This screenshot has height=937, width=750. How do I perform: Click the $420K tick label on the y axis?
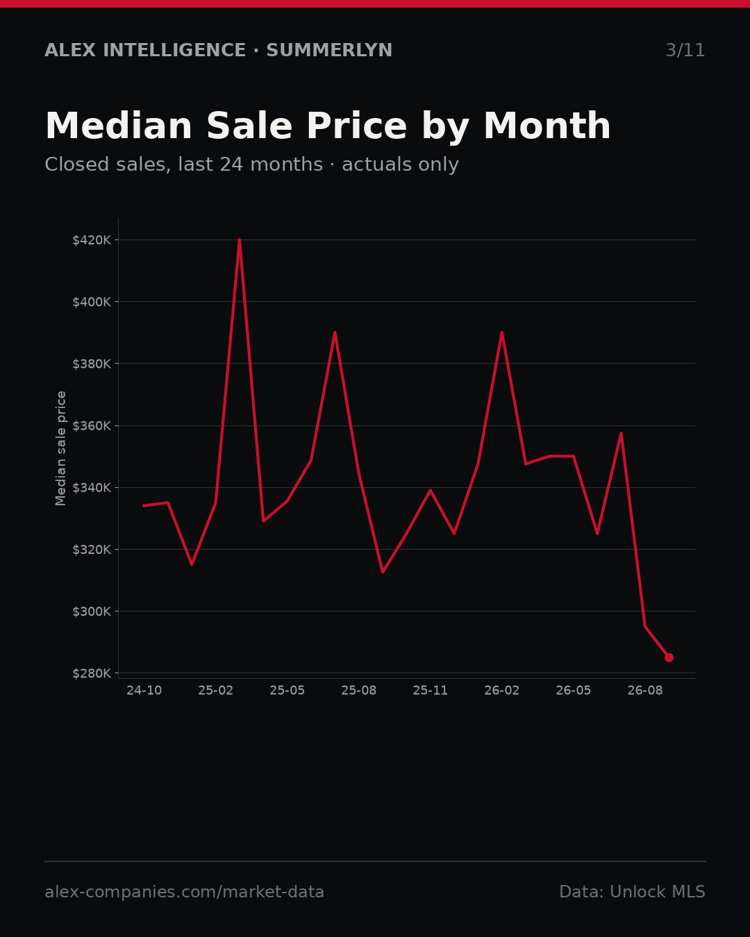click(92, 240)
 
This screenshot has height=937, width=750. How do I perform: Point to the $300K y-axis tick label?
click(92, 611)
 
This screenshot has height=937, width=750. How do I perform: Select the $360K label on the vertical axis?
click(92, 426)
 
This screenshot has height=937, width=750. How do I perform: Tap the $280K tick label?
click(92, 673)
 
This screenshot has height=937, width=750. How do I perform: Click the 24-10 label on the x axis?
click(144, 691)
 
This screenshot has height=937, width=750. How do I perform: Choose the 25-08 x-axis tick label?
click(358, 691)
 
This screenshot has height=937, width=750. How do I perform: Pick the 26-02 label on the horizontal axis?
click(502, 691)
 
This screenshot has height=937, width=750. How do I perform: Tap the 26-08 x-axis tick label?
click(645, 691)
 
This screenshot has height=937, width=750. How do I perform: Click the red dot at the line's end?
click(669, 657)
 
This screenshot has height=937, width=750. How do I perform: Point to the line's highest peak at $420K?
click(240, 240)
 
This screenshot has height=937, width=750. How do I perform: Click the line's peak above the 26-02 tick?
click(502, 333)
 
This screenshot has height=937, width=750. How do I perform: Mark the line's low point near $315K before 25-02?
click(192, 564)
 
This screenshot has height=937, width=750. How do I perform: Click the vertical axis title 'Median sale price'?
click(60, 448)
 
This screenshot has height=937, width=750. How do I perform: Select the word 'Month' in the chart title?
click(547, 126)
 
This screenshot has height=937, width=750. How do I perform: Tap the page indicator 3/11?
click(685, 51)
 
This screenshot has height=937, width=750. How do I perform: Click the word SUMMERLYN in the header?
click(329, 51)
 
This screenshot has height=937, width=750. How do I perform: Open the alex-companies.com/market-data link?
click(184, 892)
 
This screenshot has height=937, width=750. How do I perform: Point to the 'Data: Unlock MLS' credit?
click(633, 892)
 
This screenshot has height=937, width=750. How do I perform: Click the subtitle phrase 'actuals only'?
click(400, 164)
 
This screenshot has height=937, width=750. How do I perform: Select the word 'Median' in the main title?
click(119, 126)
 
